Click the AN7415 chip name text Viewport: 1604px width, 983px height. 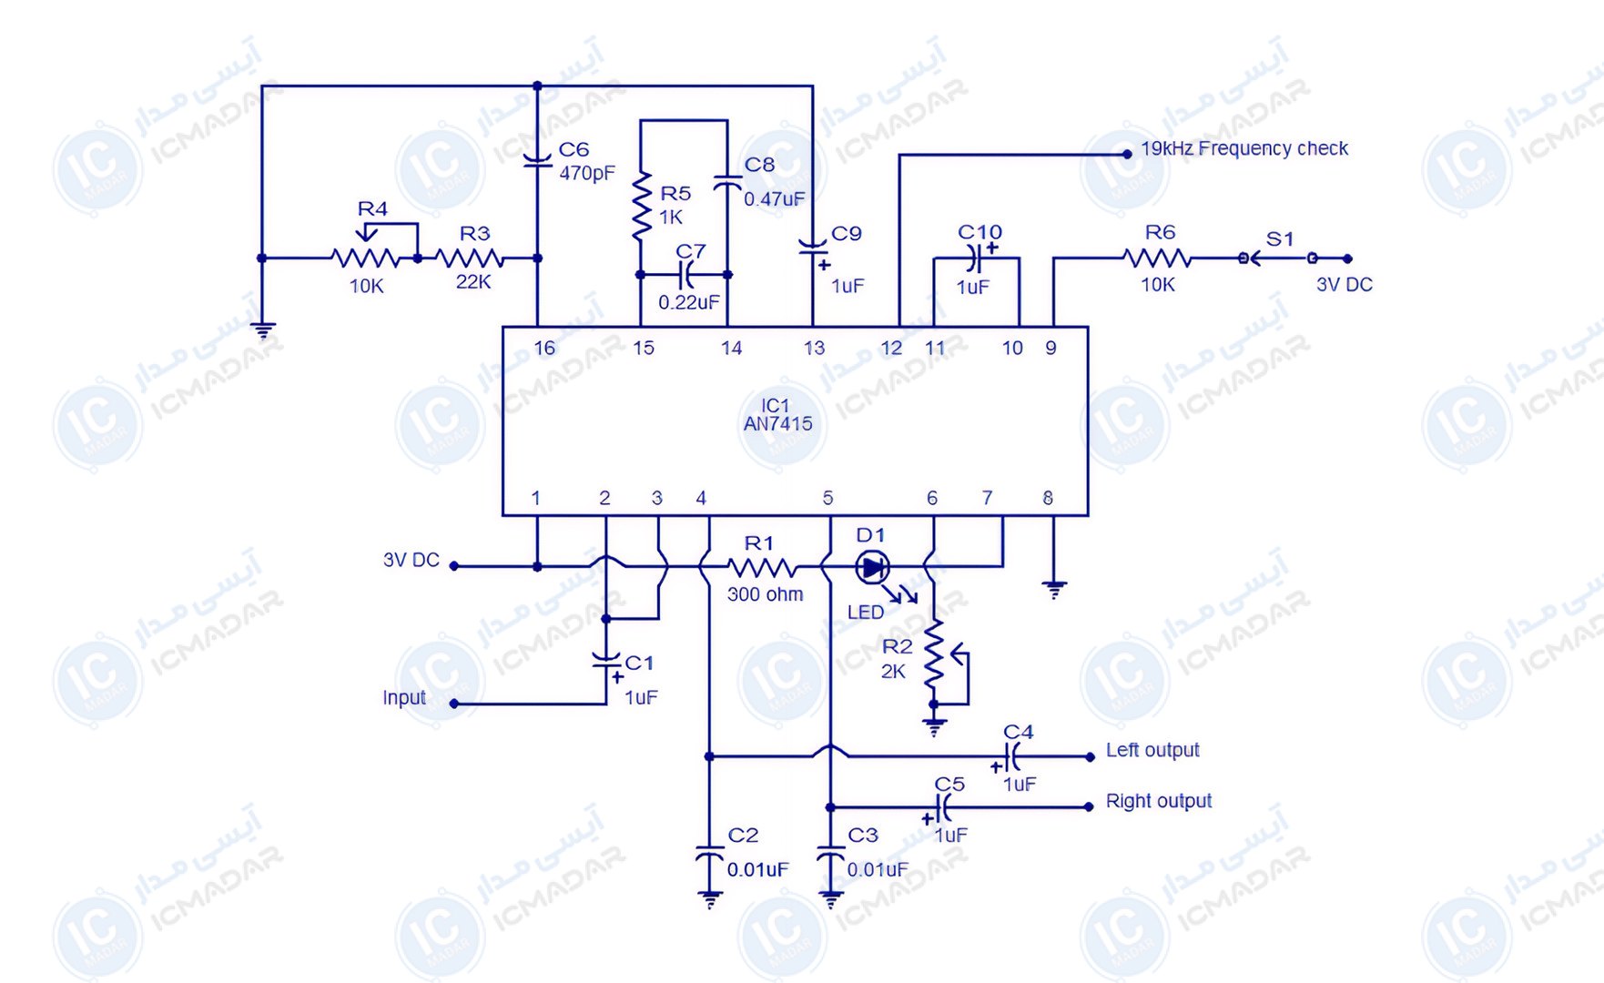(x=777, y=424)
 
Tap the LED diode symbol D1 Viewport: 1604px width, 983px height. (x=872, y=568)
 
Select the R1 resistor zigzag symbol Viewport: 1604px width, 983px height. (x=762, y=569)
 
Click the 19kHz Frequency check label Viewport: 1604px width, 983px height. (x=1244, y=148)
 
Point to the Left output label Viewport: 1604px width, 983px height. (x=1152, y=750)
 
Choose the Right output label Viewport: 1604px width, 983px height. (x=1159, y=801)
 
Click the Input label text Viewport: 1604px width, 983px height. (x=404, y=698)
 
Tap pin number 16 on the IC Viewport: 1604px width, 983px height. (x=544, y=348)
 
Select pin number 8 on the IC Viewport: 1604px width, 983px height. (x=1048, y=498)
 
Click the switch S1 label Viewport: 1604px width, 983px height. (x=1280, y=238)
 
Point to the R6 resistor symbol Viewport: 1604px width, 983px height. (x=1158, y=258)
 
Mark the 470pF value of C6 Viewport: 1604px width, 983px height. (x=587, y=173)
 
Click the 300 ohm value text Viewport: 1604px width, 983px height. (x=766, y=594)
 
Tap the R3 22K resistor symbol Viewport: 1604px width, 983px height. (x=470, y=258)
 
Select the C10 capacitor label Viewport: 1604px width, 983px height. (x=980, y=232)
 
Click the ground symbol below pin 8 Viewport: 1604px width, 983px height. (x=1054, y=590)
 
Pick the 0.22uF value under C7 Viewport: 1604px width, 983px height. (x=689, y=302)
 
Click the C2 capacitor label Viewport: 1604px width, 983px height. (x=743, y=835)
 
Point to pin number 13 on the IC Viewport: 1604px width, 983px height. (x=814, y=348)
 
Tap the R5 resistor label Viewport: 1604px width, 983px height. (x=675, y=193)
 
